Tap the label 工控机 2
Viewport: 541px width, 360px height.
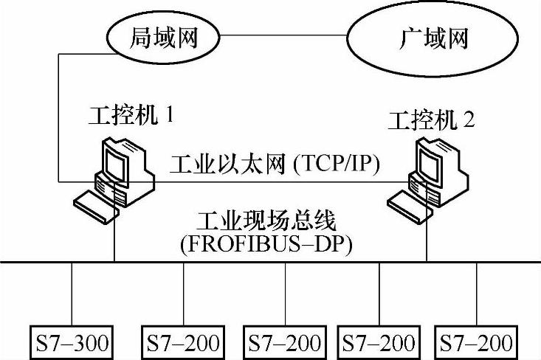tap(433, 120)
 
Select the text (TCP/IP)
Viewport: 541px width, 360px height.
tap(337, 165)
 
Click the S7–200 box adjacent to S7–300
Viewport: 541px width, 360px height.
tap(183, 342)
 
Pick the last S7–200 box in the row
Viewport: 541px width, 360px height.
tap(476, 342)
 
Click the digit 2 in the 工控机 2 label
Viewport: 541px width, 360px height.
tap(470, 120)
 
